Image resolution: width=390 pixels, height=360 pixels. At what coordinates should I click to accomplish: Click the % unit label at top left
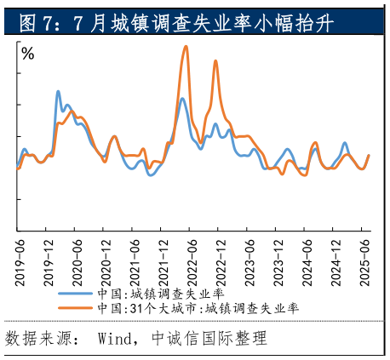click(28, 54)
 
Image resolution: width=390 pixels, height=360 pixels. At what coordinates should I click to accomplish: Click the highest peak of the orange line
click(186, 46)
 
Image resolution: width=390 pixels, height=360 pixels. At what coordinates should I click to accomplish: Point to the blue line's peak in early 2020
click(58, 91)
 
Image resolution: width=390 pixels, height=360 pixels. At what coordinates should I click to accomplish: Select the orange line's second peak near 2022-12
click(215, 61)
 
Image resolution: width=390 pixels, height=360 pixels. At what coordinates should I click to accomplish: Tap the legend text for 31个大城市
click(198, 307)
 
